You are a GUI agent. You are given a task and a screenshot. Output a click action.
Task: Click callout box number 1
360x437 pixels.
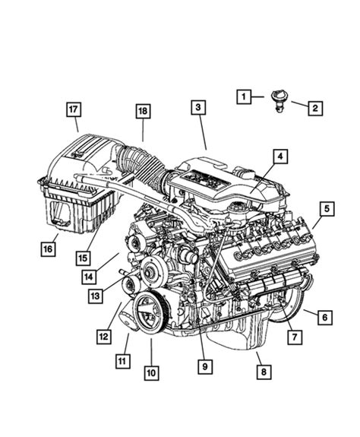[x=244, y=97]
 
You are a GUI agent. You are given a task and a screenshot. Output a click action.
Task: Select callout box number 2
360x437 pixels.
[x=315, y=108]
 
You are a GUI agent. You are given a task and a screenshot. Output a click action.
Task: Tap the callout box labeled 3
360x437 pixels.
[x=198, y=107]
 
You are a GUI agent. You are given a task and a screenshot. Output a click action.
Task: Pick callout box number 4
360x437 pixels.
[x=280, y=157]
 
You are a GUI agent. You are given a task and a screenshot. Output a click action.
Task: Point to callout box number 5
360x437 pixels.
[x=327, y=209]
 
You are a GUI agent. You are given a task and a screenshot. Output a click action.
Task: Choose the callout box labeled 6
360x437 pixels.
[x=325, y=318]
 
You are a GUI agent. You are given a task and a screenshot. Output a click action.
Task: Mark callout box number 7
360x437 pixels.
[x=295, y=337]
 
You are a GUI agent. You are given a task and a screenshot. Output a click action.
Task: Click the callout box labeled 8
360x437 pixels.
[x=264, y=372]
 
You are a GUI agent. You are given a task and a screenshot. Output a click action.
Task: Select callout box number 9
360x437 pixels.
[x=205, y=366]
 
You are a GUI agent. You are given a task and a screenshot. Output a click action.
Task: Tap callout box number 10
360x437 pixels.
[x=151, y=373]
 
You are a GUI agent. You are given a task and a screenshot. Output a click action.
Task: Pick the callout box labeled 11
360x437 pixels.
[x=123, y=361]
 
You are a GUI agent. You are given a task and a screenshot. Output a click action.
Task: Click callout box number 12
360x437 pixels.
[x=104, y=337]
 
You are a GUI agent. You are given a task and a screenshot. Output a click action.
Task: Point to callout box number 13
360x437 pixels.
[x=96, y=296]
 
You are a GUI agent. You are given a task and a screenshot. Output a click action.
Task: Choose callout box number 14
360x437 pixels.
[x=89, y=277]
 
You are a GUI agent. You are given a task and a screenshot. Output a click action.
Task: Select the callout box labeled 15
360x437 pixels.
[x=83, y=258]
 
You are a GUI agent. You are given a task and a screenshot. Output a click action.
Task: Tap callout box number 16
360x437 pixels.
[x=48, y=249]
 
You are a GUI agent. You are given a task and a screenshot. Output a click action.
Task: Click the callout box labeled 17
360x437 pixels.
[x=74, y=109]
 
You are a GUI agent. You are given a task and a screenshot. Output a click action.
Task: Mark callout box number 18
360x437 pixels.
[x=143, y=111]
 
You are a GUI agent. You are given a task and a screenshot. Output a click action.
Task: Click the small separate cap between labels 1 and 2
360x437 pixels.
[x=279, y=101]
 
